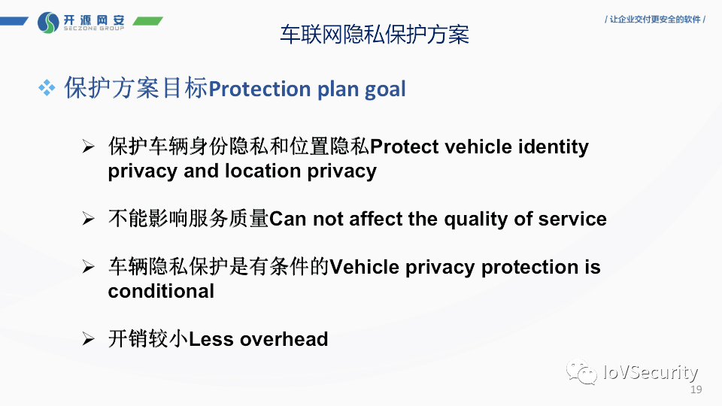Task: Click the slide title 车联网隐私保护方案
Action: click(375, 35)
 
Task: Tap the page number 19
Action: click(696, 389)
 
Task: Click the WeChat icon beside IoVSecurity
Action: click(582, 371)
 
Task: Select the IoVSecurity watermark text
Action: click(651, 371)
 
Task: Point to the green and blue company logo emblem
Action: click(48, 23)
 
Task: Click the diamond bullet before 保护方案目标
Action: click(47, 89)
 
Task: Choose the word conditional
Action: click(161, 291)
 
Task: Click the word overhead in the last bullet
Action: click(284, 339)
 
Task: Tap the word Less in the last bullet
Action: click(211, 339)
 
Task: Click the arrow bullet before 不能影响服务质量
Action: click(88, 220)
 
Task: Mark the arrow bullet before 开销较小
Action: click(88, 340)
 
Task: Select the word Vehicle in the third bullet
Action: click(365, 267)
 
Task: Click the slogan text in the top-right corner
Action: click(655, 20)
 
